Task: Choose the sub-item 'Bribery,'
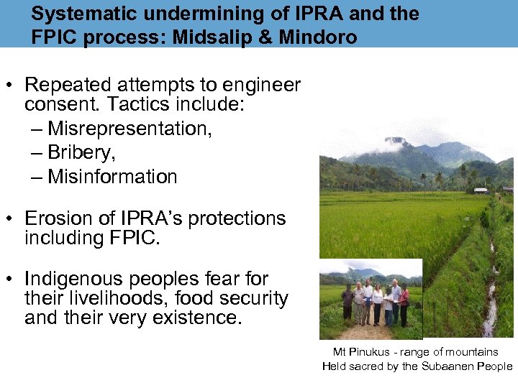tap(81, 152)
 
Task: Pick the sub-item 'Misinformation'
tap(112, 176)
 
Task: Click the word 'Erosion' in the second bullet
tap(58, 218)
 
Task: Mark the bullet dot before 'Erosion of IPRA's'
tap(12, 219)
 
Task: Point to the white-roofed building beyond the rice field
tap(481, 190)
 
